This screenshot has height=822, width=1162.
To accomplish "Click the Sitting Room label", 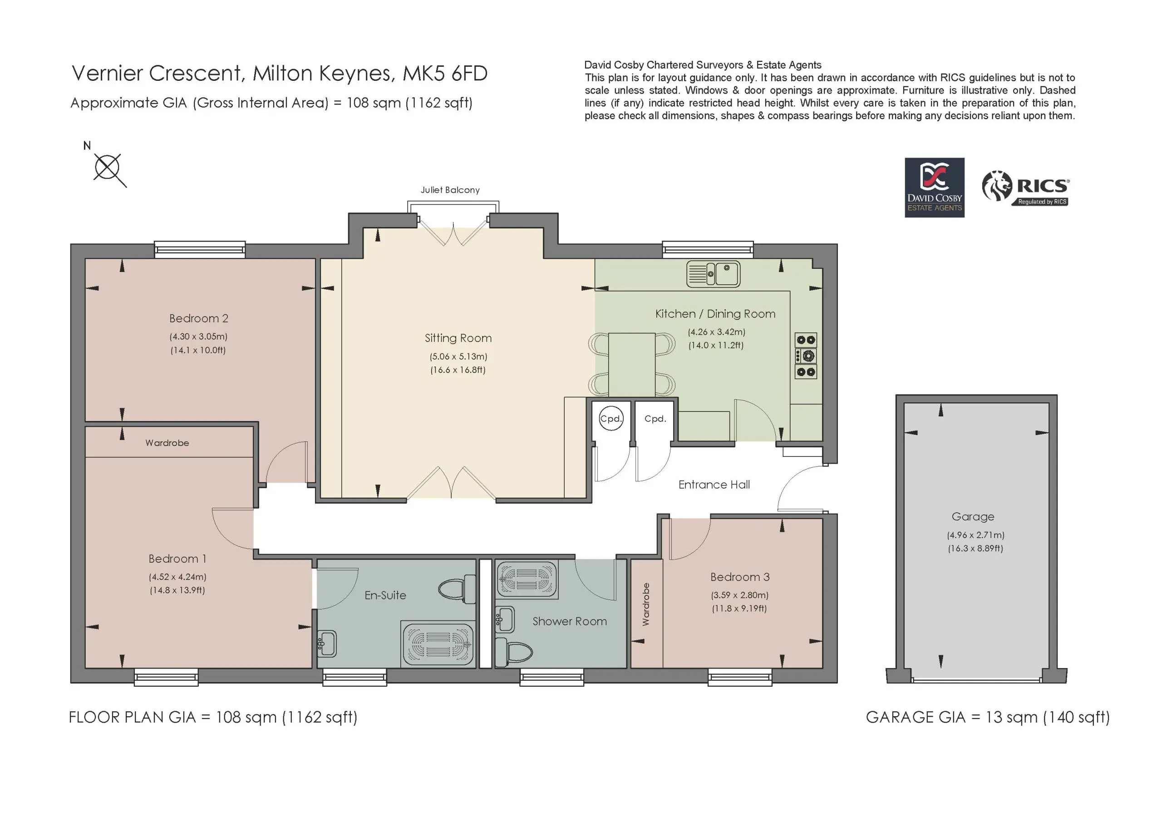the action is click(458, 338).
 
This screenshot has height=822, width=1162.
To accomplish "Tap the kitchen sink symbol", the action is click(713, 274).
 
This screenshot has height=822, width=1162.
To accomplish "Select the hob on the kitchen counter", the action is click(806, 356).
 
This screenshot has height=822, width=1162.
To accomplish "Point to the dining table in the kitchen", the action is click(631, 364).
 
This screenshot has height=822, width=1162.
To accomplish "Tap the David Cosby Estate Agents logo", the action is click(934, 188).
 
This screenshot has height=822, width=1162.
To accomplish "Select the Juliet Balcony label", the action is click(450, 190).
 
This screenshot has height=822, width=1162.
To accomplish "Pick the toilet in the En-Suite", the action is click(457, 589).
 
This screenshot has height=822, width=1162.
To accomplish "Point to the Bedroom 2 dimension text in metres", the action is click(198, 337).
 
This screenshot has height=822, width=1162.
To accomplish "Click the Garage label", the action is click(973, 517).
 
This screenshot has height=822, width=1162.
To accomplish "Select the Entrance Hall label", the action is click(714, 485).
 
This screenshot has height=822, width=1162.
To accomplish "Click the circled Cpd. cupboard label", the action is click(611, 418).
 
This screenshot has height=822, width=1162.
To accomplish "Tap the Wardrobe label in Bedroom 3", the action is click(646, 604).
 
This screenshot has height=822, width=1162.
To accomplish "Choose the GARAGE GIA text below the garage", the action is click(987, 717).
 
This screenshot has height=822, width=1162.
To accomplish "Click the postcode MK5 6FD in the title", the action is click(445, 74).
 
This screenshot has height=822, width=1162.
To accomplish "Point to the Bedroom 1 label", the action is click(177, 559).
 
